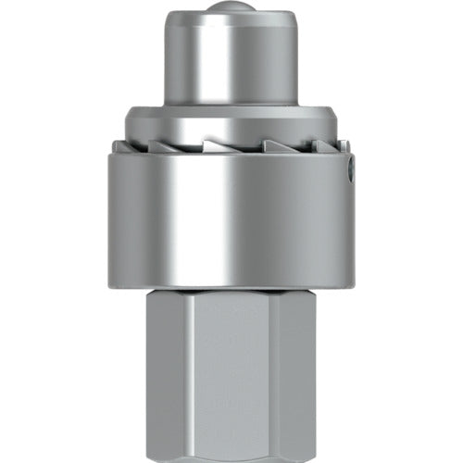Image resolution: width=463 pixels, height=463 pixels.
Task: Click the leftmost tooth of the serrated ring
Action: (118, 144)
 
